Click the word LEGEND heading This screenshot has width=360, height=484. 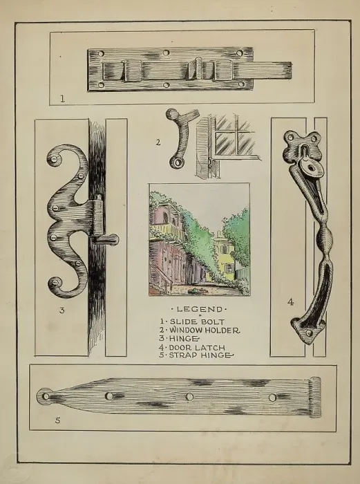coord(199,309)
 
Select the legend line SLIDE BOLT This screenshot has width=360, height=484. coord(198,322)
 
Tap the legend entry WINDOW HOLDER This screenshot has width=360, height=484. coord(205,331)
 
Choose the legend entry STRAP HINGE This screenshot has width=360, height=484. coord(201,355)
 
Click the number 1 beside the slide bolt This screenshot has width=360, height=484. coord(63,99)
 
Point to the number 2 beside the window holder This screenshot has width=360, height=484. coord(158,142)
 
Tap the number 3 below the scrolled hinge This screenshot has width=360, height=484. coord(62,310)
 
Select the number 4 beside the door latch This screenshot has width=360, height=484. coord(290,302)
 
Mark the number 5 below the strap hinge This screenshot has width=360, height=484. coord(57,420)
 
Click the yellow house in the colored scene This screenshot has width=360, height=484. coord(224,257)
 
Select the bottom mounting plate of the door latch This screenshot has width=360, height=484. coord(307,331)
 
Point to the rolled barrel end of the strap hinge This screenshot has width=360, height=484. coord(315,398)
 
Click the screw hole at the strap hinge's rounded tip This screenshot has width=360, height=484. coord(46,396)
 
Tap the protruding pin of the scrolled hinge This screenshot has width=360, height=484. coord(106,239)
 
